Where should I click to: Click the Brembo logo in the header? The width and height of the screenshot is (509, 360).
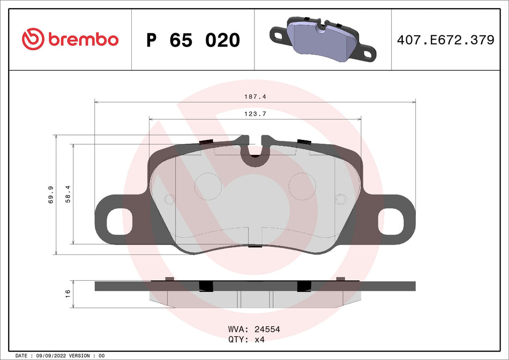(x=70, y=39)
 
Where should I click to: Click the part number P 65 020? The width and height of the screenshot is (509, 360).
(x=193, y=40)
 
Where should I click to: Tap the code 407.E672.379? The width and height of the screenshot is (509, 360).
(x=445, y=40)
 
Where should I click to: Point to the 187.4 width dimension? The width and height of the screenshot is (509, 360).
(x=254, y=96)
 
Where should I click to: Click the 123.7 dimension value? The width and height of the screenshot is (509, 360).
(x=254, y=114)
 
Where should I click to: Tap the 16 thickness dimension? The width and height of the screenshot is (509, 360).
(x=68, y=293)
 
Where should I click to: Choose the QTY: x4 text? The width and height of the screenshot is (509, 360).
(x=246, y=340)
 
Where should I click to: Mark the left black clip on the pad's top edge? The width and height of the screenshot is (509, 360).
(x=206, y=142)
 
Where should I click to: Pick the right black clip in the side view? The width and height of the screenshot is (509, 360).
(x=303, y=286)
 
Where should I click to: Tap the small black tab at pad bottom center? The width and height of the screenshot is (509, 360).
(x=255, y=246)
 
